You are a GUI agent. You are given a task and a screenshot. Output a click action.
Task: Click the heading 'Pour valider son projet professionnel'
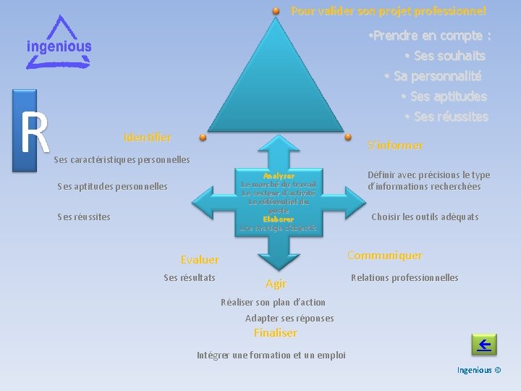pyautogui.click(x=388, y=11)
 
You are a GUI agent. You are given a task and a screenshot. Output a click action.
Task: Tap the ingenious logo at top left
pyautogui.click(x=59, y=43)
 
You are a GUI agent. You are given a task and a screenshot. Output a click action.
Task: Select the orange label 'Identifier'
pyautogui.click(x=148, y=137)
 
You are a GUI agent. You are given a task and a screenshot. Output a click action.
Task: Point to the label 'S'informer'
pyautogui.click(x=395, y=146)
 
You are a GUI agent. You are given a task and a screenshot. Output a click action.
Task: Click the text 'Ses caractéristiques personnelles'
pyautogui.click(x=122, y=159)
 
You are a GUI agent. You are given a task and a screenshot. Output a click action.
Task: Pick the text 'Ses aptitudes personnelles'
pyautogui.click(x=112, y=186)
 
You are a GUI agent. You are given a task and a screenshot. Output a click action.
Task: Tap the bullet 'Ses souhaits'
pyautogui.click(x=445, y=56)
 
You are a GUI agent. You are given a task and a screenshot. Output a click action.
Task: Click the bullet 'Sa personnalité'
pyautogui.click(x=433, y=76)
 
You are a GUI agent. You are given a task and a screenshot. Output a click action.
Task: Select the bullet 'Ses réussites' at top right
pyautogui.click(x=446, y=117)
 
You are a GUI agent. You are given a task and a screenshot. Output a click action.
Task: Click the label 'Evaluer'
pyautogui.click(x=200, y=259)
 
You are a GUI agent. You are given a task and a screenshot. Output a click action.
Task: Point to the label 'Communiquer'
pyautogui.click(x=385, y=255)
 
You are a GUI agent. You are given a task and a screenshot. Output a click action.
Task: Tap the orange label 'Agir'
pyautogui.click(x=276, y=284)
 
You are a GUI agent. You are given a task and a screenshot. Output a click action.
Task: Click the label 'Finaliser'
pyautogui.click(x=275, y=333)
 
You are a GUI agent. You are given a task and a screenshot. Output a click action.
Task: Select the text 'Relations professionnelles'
pyautogui.click(x=404, y=277)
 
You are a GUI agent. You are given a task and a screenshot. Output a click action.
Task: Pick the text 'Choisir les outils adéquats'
pyautogui.click(x=425, y=216)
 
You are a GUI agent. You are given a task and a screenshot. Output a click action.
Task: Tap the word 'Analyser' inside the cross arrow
pyautogui.click(x=279, y=176)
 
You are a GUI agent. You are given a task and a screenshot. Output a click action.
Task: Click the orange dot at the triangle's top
pyautogui.click(x=276, y=12)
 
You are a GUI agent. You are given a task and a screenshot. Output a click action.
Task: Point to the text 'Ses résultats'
pyautogui.click(x=190, y=277)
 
